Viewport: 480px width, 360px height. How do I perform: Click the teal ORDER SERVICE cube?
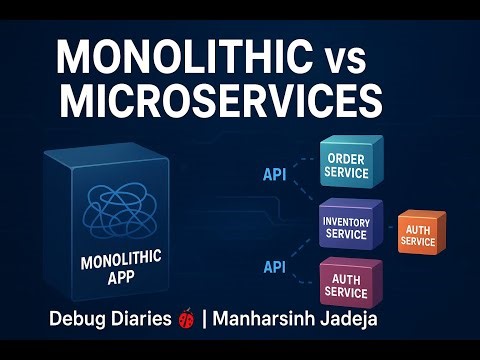coord(347,166)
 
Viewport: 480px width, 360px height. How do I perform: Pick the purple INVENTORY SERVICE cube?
coord(346,226)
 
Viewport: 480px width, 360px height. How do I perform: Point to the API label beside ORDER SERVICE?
coord(276,174)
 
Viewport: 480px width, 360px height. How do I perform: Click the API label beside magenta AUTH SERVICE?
coord(276,267)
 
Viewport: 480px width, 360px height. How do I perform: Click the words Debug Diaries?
coord(110,322)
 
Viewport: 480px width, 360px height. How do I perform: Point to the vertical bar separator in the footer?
coord(205,322)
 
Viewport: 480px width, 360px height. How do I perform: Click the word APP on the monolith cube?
coord(120,281)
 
